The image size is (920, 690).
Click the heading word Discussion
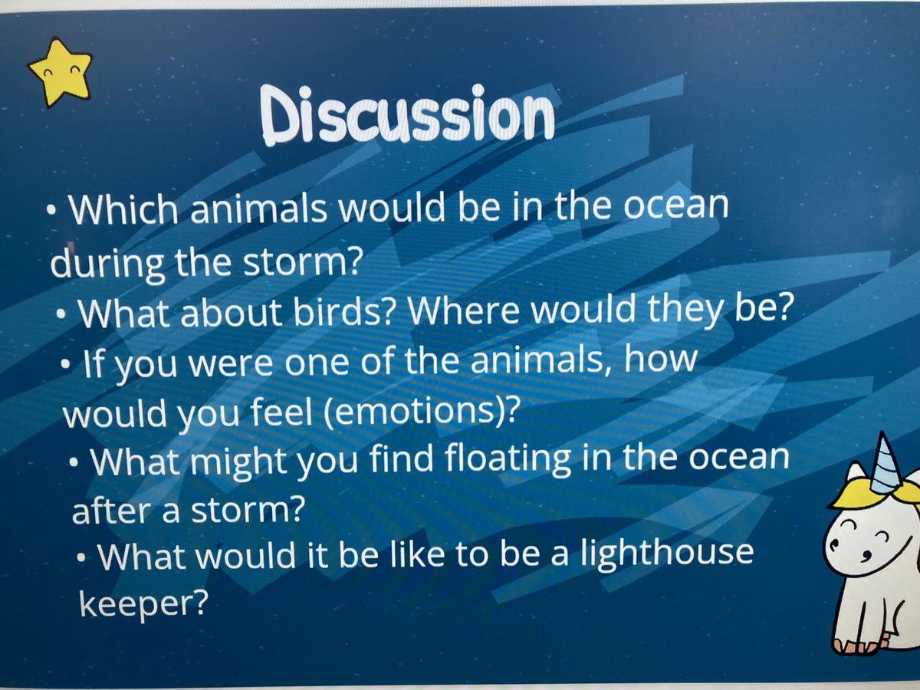tap(407, 114)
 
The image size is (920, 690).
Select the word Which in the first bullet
tap(123, 209)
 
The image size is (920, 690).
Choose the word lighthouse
tap(667, 554)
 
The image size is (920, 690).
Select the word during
tap(107, 264)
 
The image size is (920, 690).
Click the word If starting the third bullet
tap(93, 363)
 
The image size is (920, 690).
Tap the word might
tap(240, 462)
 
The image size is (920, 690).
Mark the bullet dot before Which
tap(51, 210)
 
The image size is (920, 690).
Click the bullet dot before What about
tap(61, 314)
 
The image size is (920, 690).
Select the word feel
tap(281, 412)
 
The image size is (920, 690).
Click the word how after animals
tap(660, 360)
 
